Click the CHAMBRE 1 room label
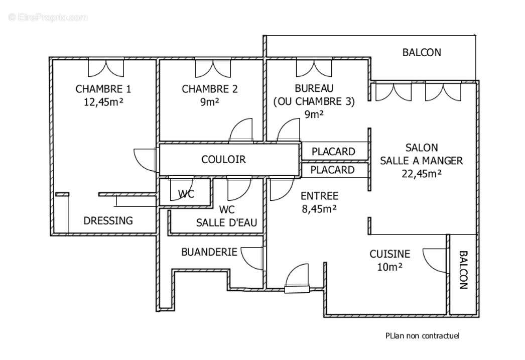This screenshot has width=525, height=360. click(103, 89)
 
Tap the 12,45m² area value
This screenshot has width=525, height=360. click(103, 102)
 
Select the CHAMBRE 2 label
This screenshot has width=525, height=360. click(210, 89)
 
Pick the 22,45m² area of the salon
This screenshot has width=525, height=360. click(422, 174)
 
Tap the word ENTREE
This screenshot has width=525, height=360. click(319, 196)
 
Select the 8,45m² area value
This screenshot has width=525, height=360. click(319, 208)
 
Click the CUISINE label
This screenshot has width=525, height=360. click(390, 255)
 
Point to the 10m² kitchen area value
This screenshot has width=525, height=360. click(389, 267)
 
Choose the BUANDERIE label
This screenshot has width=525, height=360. click(209, 252)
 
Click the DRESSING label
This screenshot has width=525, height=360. click(108, 220)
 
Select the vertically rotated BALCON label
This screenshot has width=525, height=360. click(463, 270)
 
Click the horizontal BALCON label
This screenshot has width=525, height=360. click(422, 52)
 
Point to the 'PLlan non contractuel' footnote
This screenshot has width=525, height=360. click(423, 336)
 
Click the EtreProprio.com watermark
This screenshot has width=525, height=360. click(48, 18)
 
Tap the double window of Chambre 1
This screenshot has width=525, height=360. click(106, 67)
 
